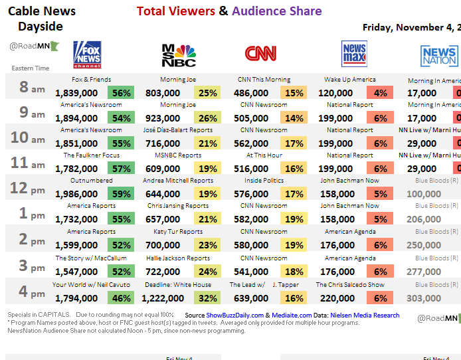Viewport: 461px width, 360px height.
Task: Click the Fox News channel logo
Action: point(87,54)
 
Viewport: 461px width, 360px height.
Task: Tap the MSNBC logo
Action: point(179,55)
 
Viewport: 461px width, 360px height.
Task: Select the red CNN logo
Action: point(261,54)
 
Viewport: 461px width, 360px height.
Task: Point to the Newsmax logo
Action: point(354,54)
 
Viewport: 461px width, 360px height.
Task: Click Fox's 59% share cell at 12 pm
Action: point(122,194)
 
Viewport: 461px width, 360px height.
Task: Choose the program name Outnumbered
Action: point(92,181)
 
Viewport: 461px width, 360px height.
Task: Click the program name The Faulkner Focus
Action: point(92,155)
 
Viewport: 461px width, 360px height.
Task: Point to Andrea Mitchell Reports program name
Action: point(178,181)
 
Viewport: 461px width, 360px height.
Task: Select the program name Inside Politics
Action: point(264,181)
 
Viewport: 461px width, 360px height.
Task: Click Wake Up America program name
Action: point(350,80)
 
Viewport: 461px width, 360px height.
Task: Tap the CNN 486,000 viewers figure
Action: point(250,93)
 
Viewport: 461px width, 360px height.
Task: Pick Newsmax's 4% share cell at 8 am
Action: point(381,93)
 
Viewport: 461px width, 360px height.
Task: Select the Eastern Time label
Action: point(31,68)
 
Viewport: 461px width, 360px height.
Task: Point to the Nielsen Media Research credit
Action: point(365,315)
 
